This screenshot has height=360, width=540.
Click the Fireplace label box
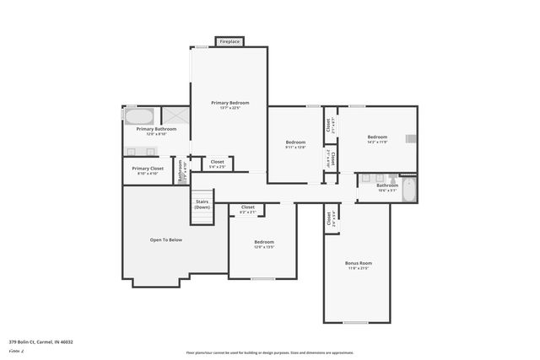pos(229,41)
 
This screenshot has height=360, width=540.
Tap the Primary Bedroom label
pos(229,103)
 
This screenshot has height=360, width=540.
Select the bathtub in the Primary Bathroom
pos(140,116)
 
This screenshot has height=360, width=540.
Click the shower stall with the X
pos(174,117)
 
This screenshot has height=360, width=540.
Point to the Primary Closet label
pos(148,168)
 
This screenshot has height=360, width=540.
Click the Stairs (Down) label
pos(202,204)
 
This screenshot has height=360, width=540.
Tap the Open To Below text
pos(166,239)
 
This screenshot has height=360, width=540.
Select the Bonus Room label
pos(359,263)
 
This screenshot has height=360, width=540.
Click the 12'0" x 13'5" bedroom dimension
pos(264,247)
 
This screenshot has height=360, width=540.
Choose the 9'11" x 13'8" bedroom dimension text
pos(295,148)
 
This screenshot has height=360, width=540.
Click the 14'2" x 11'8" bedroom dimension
pos(377,142)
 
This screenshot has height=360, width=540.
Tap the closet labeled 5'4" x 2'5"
pos(218,167)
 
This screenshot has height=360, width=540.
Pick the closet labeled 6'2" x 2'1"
pos(248,212)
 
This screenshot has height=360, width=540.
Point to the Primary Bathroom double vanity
pos(141,151)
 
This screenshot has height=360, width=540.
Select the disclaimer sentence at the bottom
pos(269,352)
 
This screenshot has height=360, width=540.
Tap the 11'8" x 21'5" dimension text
pos(359,268)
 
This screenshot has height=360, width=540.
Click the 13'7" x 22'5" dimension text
pos(229,108)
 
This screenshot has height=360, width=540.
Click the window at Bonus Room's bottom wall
pos(354,322)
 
